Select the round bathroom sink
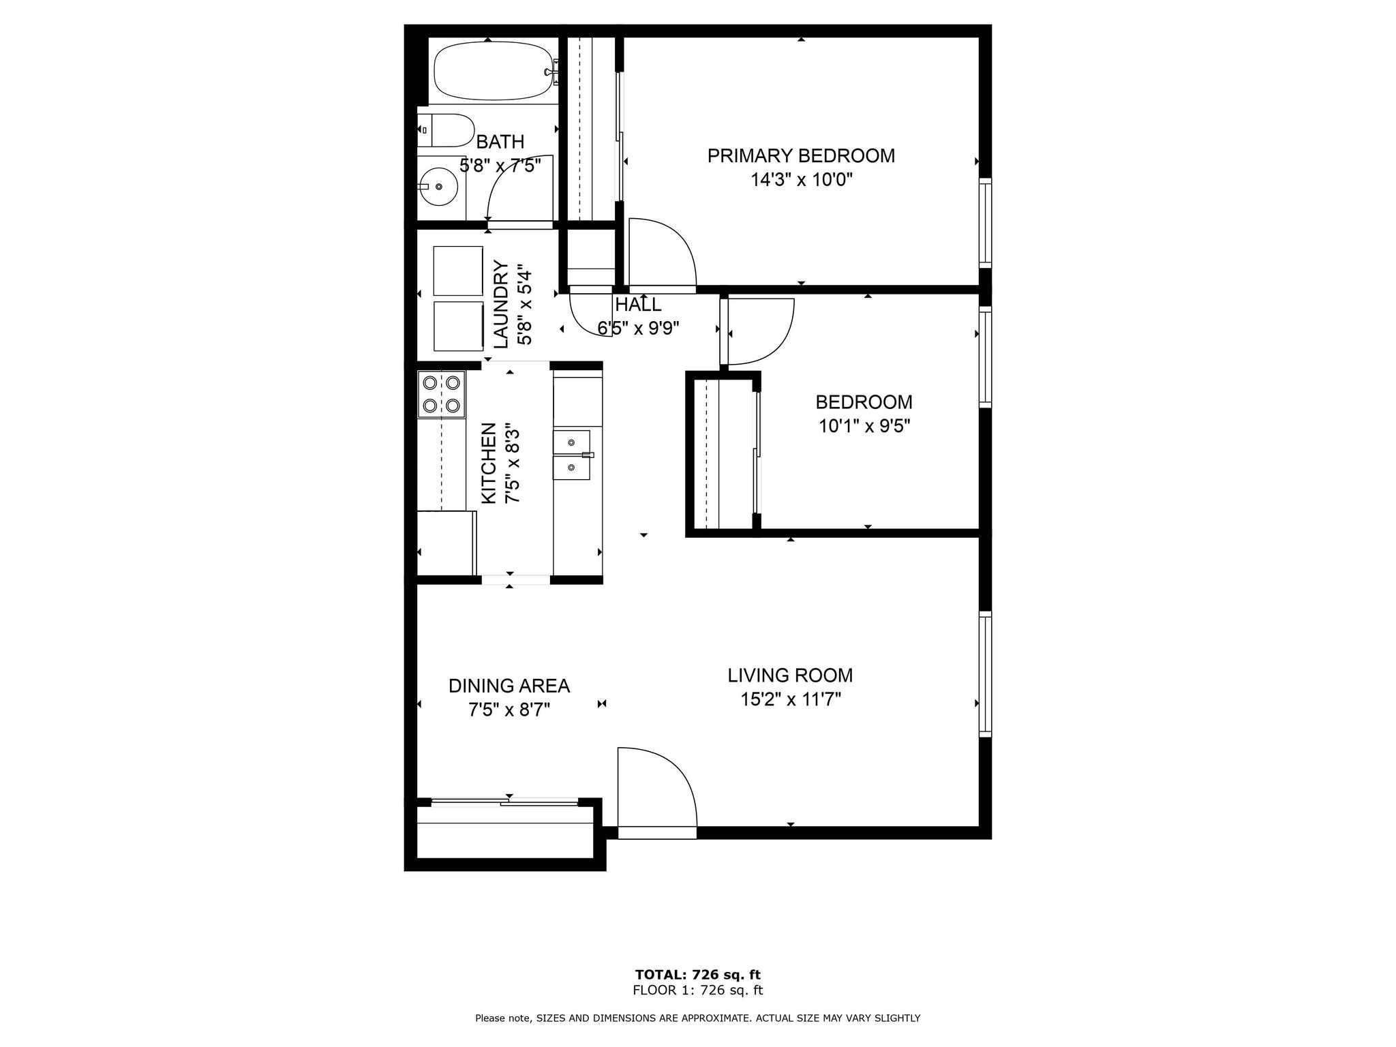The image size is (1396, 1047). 438,186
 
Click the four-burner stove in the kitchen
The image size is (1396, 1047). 441,394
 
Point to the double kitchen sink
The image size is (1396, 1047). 571,454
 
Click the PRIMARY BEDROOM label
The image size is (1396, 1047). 801,155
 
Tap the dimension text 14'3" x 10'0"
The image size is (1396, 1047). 802,180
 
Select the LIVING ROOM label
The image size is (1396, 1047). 790,676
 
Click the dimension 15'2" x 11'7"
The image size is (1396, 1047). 791,699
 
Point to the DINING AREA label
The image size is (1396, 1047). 509,686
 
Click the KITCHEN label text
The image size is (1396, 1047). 489,464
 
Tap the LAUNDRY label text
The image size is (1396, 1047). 501,304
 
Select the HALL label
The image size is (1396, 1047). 638,304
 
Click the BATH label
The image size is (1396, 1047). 500,142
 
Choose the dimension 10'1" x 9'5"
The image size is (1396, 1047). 864,426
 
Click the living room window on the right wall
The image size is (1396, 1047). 985,674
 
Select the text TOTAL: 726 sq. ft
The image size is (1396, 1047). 697,974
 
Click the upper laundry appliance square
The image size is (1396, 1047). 458,271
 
